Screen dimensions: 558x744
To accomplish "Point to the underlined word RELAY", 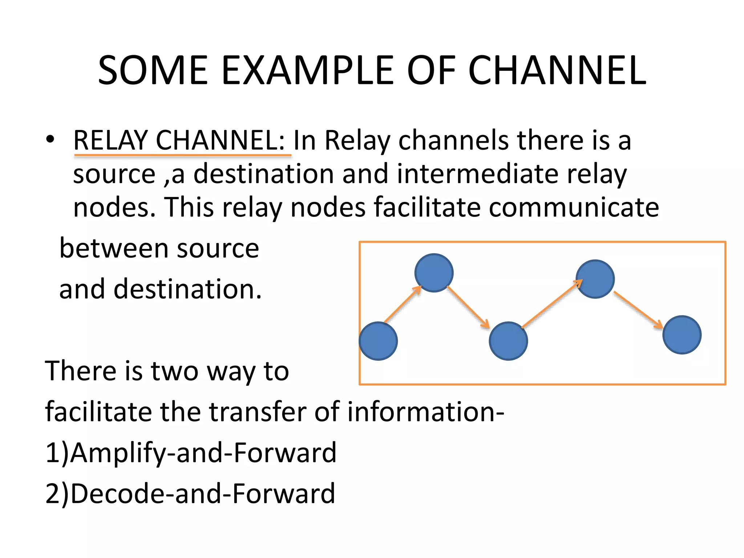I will tap(111, 141).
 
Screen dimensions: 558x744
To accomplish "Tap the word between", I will tap(114, 249).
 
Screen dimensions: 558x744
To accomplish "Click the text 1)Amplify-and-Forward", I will tap(191, 453).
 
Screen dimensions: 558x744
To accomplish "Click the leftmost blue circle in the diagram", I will tap(378, 341).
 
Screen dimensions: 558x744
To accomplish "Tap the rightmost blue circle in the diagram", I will tap(682, 335).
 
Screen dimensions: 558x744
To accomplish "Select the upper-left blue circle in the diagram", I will tap(434, 273).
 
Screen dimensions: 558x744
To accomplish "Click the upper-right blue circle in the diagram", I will tap(595, 279).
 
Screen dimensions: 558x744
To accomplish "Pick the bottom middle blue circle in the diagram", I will tap(508, 341).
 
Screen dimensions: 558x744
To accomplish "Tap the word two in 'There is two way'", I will tap(175, 372).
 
